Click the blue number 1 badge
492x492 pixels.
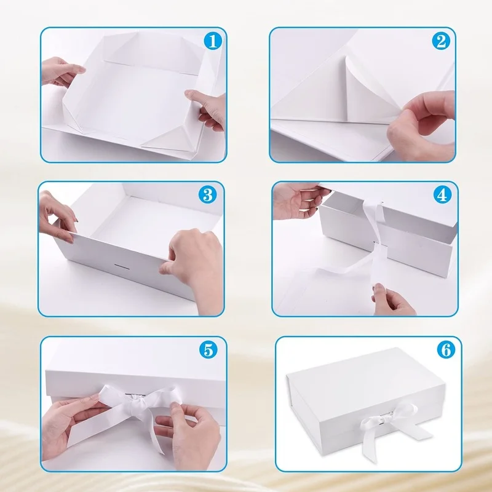click(213, 41)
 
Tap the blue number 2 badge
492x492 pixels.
click(441, 41)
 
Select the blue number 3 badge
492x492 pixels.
click(208, 194)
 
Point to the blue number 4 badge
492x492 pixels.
click(442, 195)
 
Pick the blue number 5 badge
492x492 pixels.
click(208, 349)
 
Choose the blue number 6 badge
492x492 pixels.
click(446, 349)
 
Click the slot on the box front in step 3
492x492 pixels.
click(122, 266)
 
